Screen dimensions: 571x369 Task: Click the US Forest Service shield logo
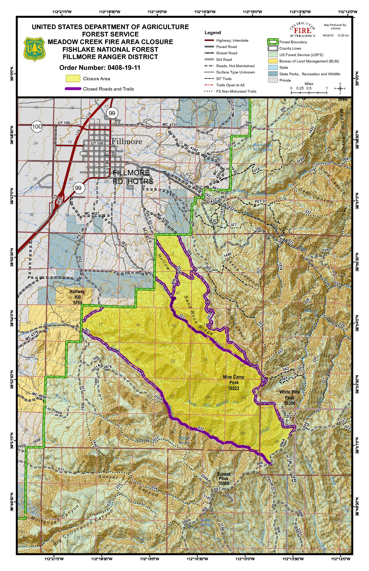(x=35, y=49)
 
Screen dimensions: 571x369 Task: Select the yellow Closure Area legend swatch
(x=73, y=78)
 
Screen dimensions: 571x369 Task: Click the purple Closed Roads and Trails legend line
(x=73, y=89)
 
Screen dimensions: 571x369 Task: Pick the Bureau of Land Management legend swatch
(x=273, y=61)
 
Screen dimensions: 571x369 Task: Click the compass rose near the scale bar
(x=340, y=88)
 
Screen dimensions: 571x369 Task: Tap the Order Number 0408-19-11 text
(x=100, y=68)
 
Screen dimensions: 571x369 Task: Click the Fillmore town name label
(x=127, y=141)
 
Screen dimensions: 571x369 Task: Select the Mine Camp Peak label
(x=234, y=382)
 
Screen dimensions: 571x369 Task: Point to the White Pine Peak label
(x=289, y=397)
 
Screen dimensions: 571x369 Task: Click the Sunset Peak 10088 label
(x=224, y=478)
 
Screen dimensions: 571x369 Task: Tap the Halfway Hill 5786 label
(x=77, y=297)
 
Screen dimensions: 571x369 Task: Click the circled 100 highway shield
(x=37, y=126)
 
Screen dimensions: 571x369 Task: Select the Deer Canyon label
(x=316, y=195)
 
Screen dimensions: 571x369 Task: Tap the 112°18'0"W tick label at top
(x=157, y=12)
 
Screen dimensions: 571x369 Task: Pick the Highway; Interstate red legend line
(x=209, y=40)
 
